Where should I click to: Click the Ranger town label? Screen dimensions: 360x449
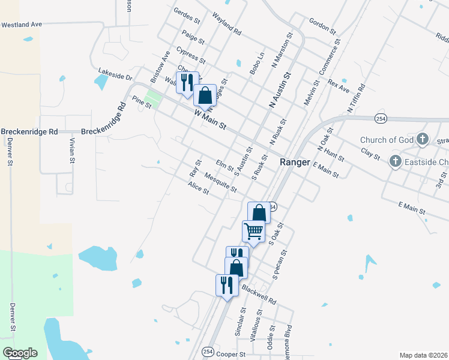pyautogui.click(x=295, y=163)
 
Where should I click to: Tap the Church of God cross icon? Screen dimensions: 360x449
pyautogui.click(x=422, y=140)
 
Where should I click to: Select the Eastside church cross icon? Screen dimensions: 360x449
pyautogui.click(x=395, y=161)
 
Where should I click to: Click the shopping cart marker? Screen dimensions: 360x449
pyautogui.click(x=253, y=230)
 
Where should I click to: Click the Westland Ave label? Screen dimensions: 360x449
pyautogui.click(x=22, y=25)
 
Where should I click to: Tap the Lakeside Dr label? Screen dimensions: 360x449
pyautogui.click(x=114, y=77)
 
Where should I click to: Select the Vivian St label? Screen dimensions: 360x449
pyautogui.click(x=71, y=150)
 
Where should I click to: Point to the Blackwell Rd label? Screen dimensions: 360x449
pyautogui.click(x=259, y=292)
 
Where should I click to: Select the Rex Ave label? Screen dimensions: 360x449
pyautogui.click(x=339, y=85)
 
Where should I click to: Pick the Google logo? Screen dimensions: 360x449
pyautogui.click(x=20, y=353)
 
